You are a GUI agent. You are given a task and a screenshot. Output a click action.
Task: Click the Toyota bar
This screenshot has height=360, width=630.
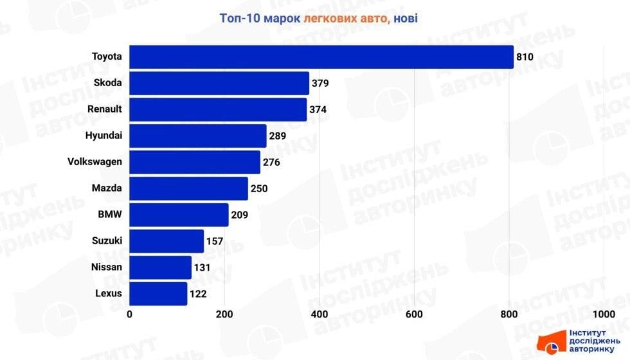[x=321, y=57]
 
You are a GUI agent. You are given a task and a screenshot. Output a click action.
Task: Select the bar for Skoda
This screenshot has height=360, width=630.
[x=219, y=83]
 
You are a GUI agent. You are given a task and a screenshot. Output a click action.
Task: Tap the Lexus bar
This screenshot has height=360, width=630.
[x=158, y=294]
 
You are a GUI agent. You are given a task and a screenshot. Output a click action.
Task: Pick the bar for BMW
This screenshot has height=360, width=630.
[x=179, y=215]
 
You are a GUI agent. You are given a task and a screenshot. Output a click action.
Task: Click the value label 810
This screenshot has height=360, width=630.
[x=525, y=57]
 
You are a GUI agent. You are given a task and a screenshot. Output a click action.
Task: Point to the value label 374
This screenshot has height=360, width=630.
[x=318, y=110]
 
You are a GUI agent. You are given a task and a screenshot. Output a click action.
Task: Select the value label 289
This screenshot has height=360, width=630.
[x=277, y=136]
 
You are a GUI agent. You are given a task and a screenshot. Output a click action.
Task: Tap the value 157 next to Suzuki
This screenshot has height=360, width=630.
[x=214, y=242]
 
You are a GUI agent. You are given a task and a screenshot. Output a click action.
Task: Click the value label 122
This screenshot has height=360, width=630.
[x=198, y=294]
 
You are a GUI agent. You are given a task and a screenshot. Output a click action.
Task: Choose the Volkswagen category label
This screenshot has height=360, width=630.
[x=94, y=162]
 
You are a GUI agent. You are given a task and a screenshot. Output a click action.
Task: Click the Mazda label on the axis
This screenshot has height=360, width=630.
[x=107, y=188]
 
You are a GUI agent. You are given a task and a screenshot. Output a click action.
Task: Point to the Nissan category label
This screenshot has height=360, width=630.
[x=106, y=267]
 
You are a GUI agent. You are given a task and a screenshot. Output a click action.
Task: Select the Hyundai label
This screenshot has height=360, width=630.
[x=104, y=136]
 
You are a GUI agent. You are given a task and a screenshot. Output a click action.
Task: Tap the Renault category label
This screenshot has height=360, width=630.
[x=104, y=109]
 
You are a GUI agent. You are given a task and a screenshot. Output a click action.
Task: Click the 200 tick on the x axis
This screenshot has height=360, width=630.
[x=224, y=314]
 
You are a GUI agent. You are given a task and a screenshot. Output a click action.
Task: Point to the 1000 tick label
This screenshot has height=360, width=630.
[x=603, y=314]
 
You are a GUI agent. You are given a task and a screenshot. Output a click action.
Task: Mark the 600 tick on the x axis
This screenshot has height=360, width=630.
[x=414, y=314]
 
